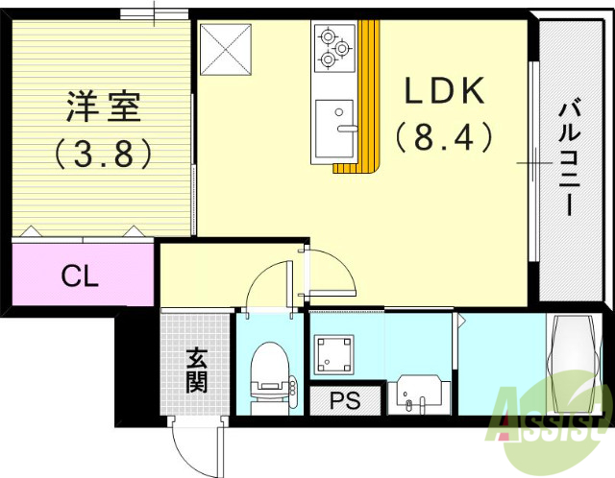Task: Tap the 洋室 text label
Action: tap(104, 107)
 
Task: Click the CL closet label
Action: tap(80, 276)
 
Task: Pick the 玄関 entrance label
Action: tap(196, 370)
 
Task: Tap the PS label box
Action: tap(346, 400)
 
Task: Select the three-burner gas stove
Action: tap(333, 47)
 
